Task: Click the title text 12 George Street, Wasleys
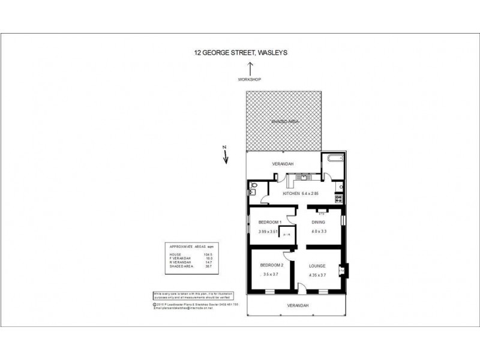pos(241,52)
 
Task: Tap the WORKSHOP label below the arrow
pos(250,79)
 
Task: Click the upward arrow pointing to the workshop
pos(250,68)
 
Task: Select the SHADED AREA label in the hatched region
pos(284,121)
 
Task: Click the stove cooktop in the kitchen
pos(340,196)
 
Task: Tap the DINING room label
pos(318,222)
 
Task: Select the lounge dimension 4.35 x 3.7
pos(318,275)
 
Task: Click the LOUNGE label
pos(318,265)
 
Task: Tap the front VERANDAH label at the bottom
pos(297,305)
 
